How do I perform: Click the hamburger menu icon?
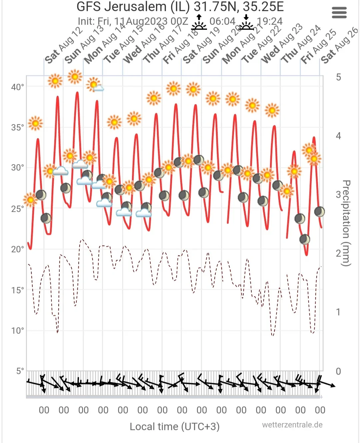click(x=339, y=13)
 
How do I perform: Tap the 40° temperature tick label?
click(x=17, y=87)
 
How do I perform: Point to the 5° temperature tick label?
click(x=20, y=371)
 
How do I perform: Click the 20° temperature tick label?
click(x=17, y=249)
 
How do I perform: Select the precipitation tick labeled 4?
click(x=338, y=136)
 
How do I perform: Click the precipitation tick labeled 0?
click(x=338, y=371)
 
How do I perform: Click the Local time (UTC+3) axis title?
click(x=174, y=427)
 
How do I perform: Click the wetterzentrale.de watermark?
click(x=292, y=425)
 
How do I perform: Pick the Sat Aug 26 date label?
click(x=339, y=45)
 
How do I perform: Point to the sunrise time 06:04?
click(x=222, y=21)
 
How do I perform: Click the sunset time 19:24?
click(x=270, y=21)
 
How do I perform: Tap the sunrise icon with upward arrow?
click(x=199, y=22)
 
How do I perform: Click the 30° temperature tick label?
click(x=17, y=168)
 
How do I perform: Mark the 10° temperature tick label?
click(x=17, y=331)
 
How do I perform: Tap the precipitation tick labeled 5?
click(x=338, y=77)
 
